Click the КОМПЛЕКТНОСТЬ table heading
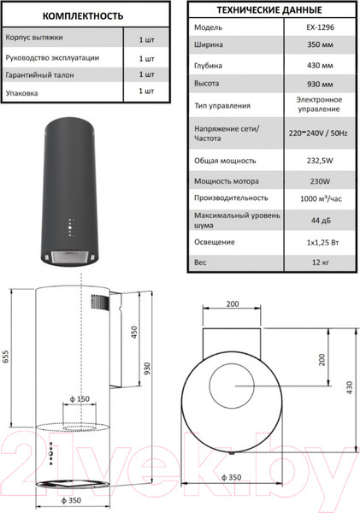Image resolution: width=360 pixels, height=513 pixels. click(83, 16)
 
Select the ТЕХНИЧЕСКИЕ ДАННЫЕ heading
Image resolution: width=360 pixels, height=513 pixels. click(269, 9)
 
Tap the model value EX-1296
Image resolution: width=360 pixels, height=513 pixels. click(320, 27)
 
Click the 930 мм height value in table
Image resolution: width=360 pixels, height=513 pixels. click(320, 84)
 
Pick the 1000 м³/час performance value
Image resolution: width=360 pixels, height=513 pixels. click(321, 198)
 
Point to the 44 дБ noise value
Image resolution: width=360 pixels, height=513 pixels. click(321, 221)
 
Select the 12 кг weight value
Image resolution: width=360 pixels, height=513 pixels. click(321, 262)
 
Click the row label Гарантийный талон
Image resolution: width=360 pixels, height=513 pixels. click(39, 75)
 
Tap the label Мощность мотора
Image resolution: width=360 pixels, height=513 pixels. click(227, 181)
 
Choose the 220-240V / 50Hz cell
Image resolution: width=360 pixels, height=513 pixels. click(318, 133)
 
